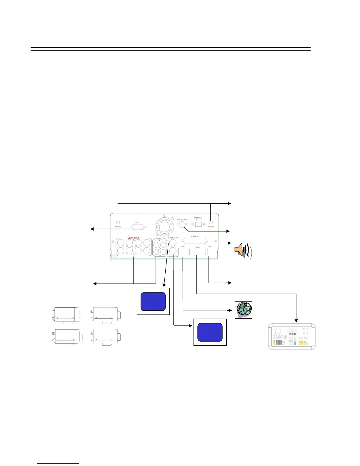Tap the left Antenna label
pos(118,227)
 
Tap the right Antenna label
pos(211,227)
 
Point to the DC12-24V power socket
pos(198,224)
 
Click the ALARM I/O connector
pos(195,241)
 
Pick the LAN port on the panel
pos(183,252)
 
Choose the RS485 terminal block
pos(197,252)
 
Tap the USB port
pos(209,252)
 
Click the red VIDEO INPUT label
pos(133,238)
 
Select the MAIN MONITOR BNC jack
pos(173,243)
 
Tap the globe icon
pos(244,310)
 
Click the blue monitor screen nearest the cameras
pos(153,302)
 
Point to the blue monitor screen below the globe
pos(210,332)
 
